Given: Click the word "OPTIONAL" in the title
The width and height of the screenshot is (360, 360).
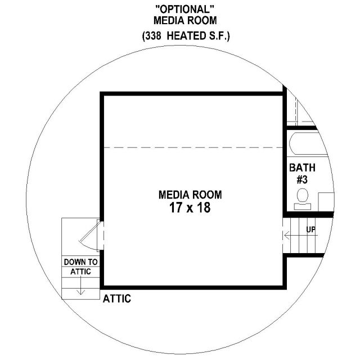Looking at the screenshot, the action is (x=185, y=10).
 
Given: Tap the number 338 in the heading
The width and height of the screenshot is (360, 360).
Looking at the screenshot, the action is (x=153, y=36).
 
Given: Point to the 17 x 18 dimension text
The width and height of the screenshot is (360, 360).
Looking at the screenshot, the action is (x=190, y=208).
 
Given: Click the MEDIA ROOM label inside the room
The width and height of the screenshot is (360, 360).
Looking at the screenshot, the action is (x=190, y=195).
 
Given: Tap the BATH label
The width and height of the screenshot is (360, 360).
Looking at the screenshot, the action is (x=302, y=168).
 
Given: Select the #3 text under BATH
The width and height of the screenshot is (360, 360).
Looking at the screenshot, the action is (x=302, y=179).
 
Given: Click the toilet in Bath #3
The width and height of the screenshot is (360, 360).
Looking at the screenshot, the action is (x=303, y=199).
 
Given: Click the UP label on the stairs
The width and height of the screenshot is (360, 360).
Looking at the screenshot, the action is (x=311, y=229).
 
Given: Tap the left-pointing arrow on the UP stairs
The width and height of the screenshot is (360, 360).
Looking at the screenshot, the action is (x=301, y=235).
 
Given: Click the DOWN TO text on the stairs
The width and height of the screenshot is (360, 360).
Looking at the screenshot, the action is (x=80, y=262).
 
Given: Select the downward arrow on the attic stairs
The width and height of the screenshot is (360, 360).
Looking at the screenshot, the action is (x=80, y=285).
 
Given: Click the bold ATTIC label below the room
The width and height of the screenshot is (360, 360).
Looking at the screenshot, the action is (x=117, y=299).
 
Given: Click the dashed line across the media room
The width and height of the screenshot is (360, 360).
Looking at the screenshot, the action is (x=193, y=147).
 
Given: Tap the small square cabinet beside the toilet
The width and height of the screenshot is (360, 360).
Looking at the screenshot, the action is (x=326, y=202).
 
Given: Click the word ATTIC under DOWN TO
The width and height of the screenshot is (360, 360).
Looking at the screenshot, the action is (x=80, y=272).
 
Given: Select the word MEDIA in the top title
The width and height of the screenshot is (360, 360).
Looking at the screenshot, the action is (x=169, y=20).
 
